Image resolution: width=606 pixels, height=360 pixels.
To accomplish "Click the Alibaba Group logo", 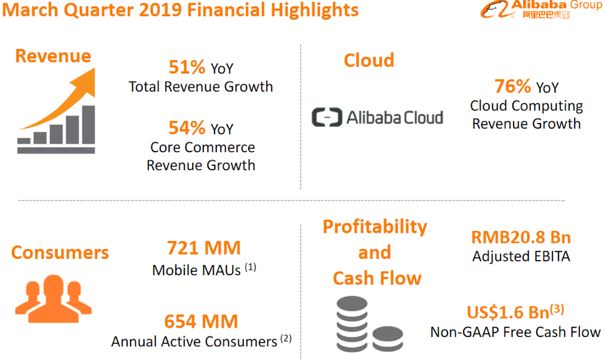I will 541,9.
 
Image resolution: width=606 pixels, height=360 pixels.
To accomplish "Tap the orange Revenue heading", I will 53,56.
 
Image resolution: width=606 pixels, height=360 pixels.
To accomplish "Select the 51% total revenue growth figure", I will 187,67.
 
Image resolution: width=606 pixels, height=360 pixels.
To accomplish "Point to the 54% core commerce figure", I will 187,128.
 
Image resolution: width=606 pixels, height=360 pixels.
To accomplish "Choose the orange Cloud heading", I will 369,61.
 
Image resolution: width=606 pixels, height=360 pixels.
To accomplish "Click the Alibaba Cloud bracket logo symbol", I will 327,117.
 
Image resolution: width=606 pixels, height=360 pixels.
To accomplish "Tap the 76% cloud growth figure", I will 512,86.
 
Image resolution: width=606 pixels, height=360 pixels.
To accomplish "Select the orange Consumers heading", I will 60,253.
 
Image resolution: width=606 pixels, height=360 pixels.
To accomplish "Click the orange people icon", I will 53,295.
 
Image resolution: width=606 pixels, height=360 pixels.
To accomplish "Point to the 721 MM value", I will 204,248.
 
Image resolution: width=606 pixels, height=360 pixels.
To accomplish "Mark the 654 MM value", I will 201,321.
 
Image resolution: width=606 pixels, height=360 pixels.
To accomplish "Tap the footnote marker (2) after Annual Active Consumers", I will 286,339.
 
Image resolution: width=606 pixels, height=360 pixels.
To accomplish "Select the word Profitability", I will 375,226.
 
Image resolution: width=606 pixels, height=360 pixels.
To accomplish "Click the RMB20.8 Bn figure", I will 521,237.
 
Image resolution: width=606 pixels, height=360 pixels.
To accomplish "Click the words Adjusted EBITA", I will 521,256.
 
